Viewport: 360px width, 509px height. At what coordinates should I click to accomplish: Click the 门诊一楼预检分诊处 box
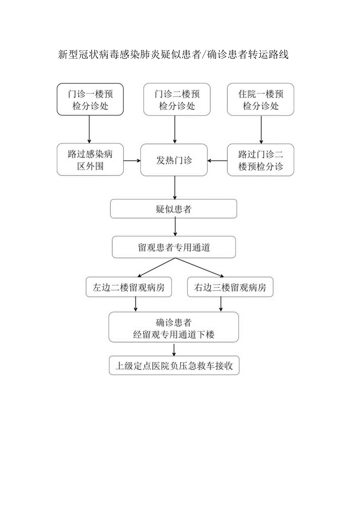[90, 99]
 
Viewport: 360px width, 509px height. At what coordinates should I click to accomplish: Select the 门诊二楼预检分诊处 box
[177, 99]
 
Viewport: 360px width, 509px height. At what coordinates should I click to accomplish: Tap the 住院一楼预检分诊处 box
[261, 99]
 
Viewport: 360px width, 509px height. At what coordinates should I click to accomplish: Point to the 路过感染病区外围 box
[90, 160]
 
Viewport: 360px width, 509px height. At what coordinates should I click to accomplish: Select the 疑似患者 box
[173, 209]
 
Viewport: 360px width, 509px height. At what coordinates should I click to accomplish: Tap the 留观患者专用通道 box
[174, 247]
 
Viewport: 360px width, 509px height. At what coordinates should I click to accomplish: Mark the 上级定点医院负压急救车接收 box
[174, 366]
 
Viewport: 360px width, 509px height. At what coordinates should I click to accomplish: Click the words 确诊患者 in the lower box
[174, 323]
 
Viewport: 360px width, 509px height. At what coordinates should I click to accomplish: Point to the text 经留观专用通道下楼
[174, 335]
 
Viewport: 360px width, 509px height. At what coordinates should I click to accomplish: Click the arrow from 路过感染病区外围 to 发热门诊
[132, 160]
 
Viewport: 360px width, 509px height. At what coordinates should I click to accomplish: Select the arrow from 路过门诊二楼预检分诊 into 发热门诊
[218, 160]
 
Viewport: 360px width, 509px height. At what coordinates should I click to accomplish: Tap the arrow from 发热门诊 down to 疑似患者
[175, 188]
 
